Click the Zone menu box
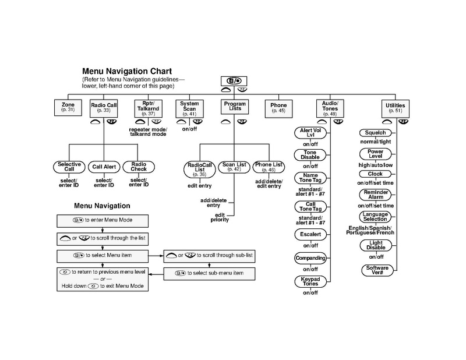(x=68, y=107)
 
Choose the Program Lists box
(x=234, y=107)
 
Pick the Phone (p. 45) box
(x=278, y=107)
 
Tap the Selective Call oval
(x=69, y=167)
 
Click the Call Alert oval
(x=105, y=167)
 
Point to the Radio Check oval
(x=138, y=167)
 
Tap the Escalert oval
(x=310, y=234)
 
